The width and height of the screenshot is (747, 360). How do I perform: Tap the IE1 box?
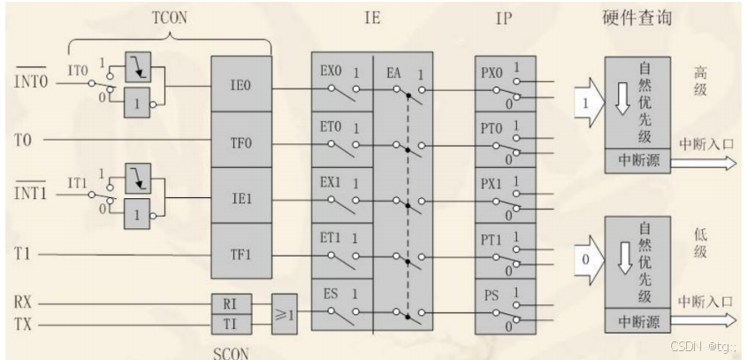tap(240, 198)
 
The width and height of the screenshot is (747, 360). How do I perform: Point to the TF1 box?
tap(240, 254)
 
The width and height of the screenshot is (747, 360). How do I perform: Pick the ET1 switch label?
tap(332, 239)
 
